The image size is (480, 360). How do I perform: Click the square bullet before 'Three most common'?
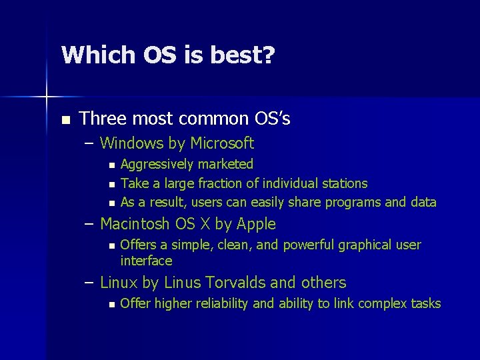pyautogui.click(x=65, y=120)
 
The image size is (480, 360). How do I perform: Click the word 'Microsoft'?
pyautogui.click(x=222, y=143)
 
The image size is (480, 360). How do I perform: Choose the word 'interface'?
pyautogui.click(x=146, y=261)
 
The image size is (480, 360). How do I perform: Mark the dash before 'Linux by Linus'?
pyautogui.click(x=89, y=283)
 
